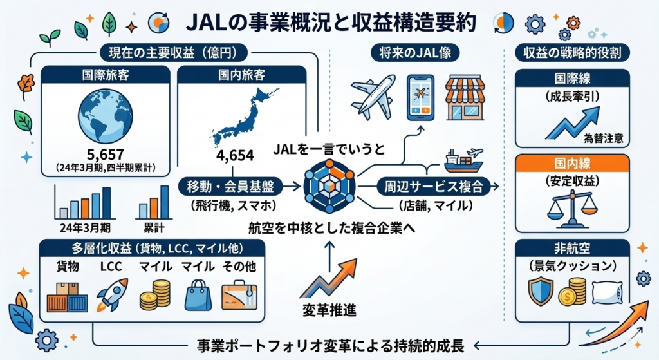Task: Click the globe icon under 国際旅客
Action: click(x=105, y=115)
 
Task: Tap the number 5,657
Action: click(x=105, y=155)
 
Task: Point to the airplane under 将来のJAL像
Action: click(x=373, y=96)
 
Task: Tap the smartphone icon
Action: click(x=420, y=97)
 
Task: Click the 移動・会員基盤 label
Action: click(x=232, y=186)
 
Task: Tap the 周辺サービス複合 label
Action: click(x=432, y=186)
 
